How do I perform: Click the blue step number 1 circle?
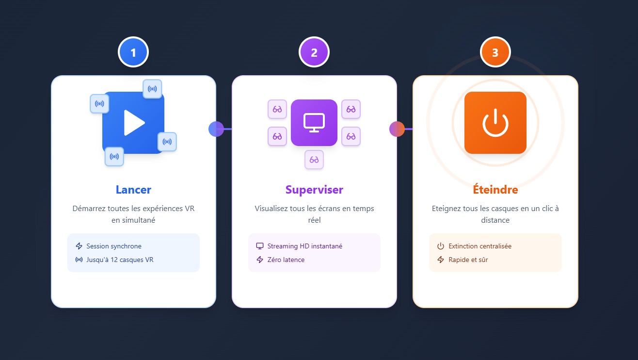coord(133,52)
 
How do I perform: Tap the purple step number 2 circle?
coord(314,52)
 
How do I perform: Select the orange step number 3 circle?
coord(495,52)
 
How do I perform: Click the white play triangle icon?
coord(134,123)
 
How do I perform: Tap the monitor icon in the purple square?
coord(314,123)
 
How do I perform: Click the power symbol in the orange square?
coord(495,123)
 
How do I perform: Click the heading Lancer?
coord(133,190)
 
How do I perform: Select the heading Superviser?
coord(314,190)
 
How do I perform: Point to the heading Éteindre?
coord(495,189)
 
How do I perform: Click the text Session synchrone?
coord(114,246)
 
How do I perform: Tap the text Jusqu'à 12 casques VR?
coord(120,260)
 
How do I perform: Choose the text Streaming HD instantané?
coord(305,246)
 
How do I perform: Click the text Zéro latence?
coord(286,260)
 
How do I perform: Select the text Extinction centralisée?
coord(480,246)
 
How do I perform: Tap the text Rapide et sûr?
coord(468,260)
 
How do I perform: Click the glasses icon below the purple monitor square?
coord(314,160)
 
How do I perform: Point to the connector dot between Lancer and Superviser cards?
coord(216,129)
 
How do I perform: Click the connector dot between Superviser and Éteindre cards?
coord(397,129)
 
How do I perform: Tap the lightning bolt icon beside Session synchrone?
coord(79,246)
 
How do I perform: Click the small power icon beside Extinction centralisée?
coord(441,246)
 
